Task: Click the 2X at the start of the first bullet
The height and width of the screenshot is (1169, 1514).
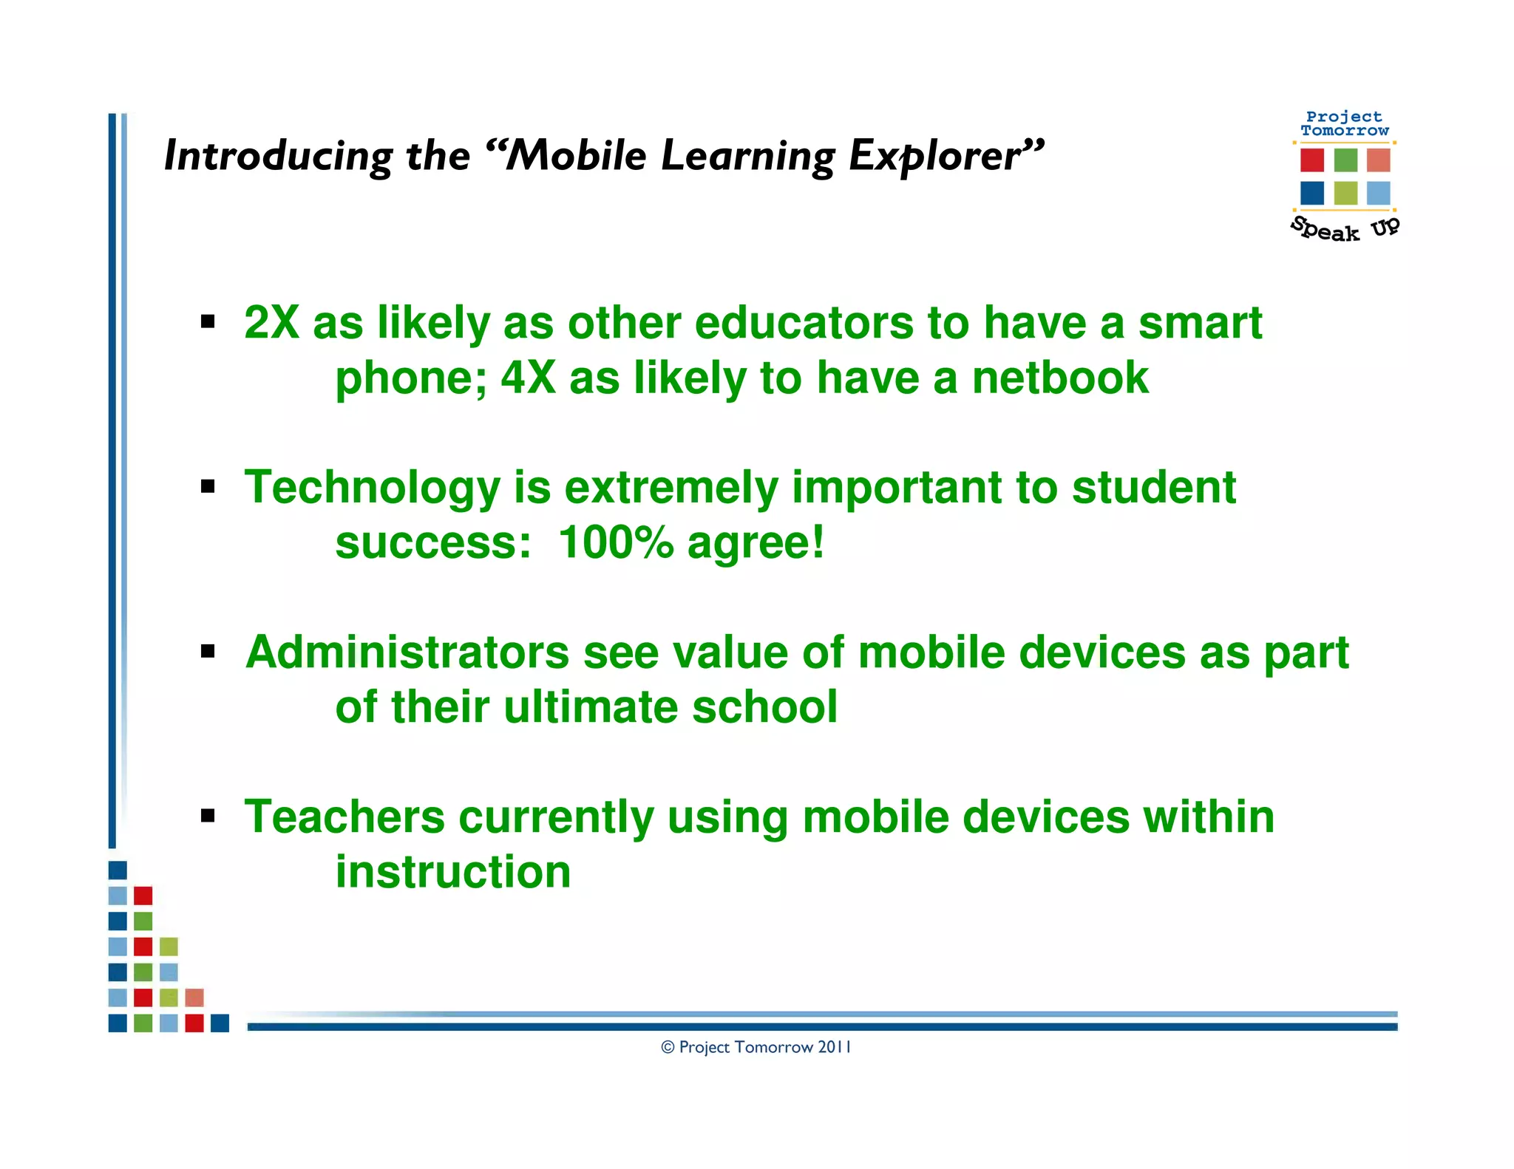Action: coord(271,324)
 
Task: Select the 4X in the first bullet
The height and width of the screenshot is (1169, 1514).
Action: coord(528,378)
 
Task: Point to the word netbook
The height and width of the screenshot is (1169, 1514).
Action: coord(1060,378)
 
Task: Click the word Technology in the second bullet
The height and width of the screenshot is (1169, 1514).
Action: coord(373,488)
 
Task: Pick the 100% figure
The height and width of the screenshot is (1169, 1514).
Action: coord(616,543)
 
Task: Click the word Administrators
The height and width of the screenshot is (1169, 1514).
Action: coord(407,652)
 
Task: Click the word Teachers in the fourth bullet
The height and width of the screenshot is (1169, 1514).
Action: coord(344,817)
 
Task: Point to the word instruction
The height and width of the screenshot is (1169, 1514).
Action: coord(453,872)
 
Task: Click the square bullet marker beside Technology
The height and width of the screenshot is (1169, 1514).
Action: coord(208,486)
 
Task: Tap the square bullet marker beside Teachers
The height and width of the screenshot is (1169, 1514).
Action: coord(208,816)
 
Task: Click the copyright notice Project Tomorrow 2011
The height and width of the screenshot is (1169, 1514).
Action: coord(756,1047)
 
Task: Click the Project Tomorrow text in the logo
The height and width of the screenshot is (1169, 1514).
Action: coord(1345,123)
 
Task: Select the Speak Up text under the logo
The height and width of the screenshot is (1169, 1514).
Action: coord(1345,229)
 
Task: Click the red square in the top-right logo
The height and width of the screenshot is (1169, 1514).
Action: coord(1312,160)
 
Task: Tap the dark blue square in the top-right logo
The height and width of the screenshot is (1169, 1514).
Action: coord(1312,193)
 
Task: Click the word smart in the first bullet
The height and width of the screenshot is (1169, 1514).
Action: coord(1200,324)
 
